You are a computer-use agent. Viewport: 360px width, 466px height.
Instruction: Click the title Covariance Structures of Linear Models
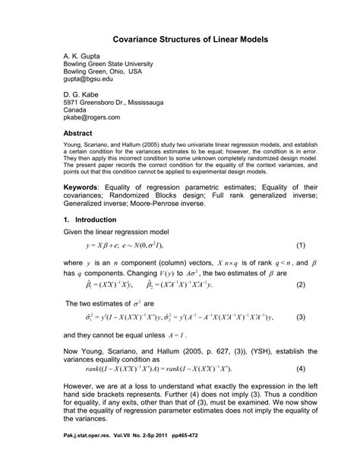[179, 37]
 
